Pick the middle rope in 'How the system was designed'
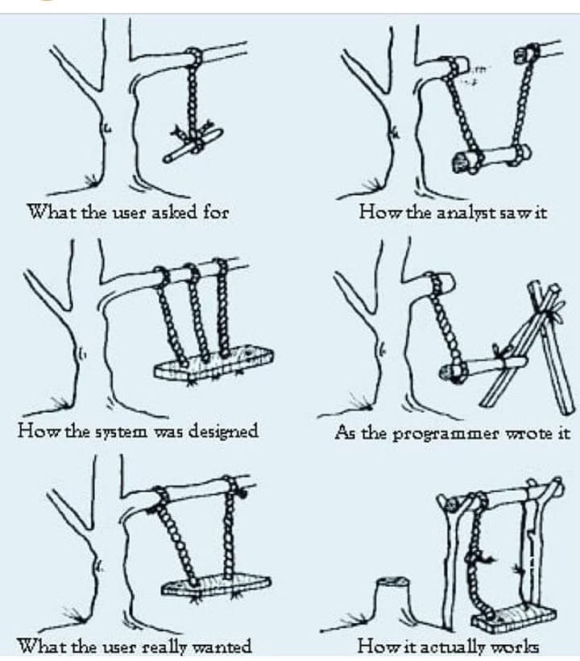pos(196,314)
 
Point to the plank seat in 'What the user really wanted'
pos(217,584)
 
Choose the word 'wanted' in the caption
pos(222,646)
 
